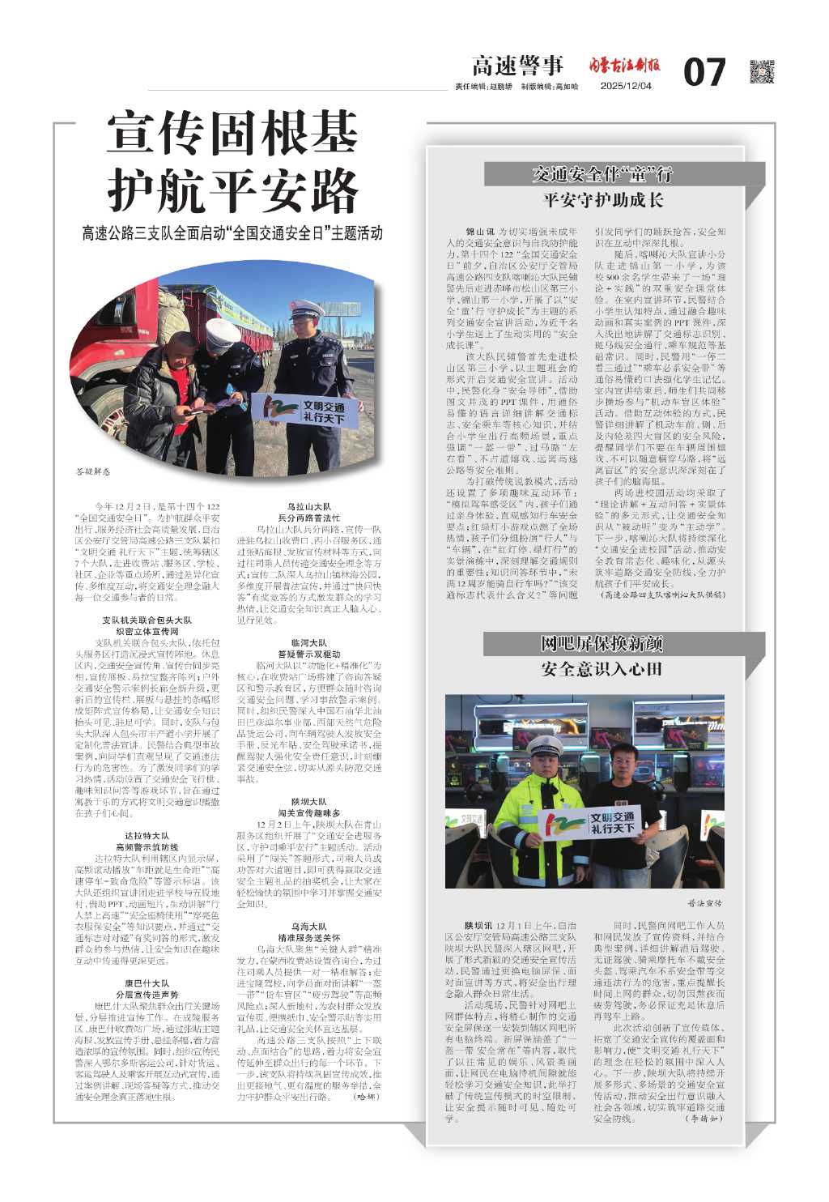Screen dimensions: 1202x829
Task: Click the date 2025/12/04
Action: (x=628, y=87)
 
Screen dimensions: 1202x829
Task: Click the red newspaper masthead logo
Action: (x=624, y=65)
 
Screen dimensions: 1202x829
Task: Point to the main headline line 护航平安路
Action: (x=233, y=191)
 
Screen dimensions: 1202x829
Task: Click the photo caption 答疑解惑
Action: (x=91, y=471)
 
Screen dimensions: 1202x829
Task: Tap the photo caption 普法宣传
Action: (x=704, y=902)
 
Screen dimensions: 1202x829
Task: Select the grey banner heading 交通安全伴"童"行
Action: (x=602, y=174)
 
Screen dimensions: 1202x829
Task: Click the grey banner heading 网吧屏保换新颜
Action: (x=602, y=644)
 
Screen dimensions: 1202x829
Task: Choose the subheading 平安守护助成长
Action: (x=602, y=200)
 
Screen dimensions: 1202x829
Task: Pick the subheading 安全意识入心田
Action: (x=602, y=670)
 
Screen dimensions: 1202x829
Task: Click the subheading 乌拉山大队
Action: (x=308, y=506)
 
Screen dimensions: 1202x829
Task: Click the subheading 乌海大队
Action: (x=308, y=926)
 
